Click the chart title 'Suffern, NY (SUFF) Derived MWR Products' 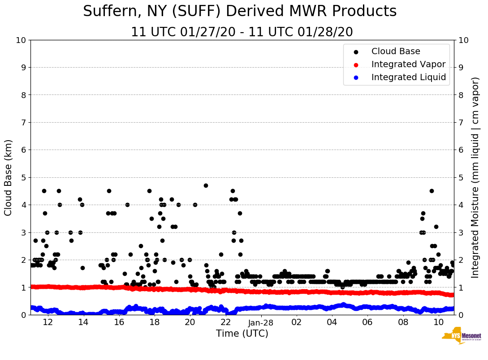(x=240, y=12)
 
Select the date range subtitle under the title (x=242, y=32)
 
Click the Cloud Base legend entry (x=396, y=51)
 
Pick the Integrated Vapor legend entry (x=408, y=64)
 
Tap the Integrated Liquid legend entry (x=409, y=77)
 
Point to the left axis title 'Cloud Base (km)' (x=9, y=177)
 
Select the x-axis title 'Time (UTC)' (x=242, y=334)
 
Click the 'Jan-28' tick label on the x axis (x=261, y=322)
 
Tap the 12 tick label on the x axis (x=48, y=322)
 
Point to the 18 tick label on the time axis (x=154, y=322)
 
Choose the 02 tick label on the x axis (x=296, y=322)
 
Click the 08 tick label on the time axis (x=403, y=322)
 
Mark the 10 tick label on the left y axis (x=21, y=40)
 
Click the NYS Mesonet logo (x=461, y=338)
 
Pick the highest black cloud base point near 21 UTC (x=206, y=185)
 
